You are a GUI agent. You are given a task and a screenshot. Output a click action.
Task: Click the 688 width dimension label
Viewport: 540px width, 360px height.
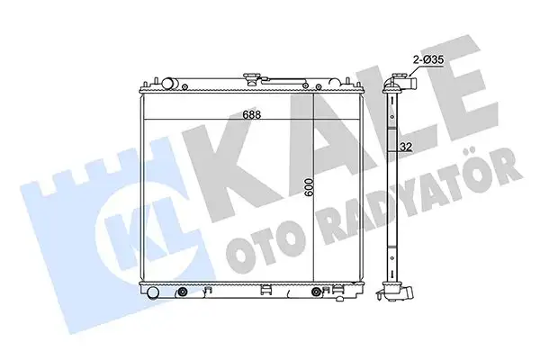click(252, 114)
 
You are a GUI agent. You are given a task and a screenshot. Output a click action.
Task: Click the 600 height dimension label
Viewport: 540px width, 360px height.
click(309, 188)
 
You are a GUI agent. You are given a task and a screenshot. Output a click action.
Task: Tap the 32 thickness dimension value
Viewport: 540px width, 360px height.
click(407, 147)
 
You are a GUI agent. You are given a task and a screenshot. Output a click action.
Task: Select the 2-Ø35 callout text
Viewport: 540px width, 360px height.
click(428, 60)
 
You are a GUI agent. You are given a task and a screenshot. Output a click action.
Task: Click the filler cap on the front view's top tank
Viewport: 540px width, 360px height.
click(252, 79)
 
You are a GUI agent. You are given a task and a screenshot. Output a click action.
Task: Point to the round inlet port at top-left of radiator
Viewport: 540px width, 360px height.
click(168, 84)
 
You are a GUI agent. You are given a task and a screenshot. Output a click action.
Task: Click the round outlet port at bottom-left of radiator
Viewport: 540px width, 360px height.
click(153, 292)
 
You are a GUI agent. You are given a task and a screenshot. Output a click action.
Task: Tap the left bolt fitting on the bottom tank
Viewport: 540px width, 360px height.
click(182, 292)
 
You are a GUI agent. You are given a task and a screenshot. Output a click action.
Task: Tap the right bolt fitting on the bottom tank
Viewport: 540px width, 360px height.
click(316, 292)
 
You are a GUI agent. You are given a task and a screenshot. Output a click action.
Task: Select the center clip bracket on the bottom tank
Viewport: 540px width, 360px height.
click(265, 290)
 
